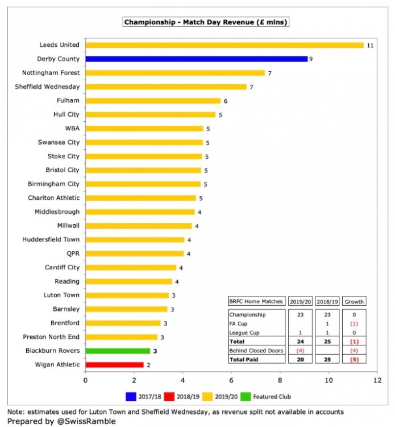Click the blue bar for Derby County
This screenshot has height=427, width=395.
[196, 59]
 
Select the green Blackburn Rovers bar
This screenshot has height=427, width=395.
[118, 351]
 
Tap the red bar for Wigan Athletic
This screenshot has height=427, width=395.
[114, 365]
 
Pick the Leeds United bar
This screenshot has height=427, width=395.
[224, 45]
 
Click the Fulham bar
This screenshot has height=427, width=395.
[153, 101]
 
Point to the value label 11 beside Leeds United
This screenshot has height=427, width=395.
[369, 45]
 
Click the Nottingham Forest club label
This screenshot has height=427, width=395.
[51, 73]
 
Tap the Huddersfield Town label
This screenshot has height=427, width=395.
[51, 240]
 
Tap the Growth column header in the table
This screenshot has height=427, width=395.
[354, 302]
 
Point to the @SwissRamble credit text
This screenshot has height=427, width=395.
[64, 421]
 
